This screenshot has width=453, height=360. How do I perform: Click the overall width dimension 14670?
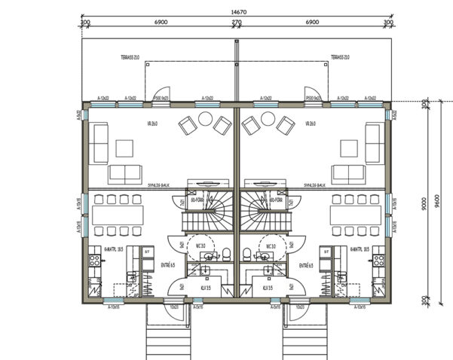(x=237, y=11)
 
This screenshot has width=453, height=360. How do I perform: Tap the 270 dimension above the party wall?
(x=237, y=24)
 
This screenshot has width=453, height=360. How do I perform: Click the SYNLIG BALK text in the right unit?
(x=314, y=184)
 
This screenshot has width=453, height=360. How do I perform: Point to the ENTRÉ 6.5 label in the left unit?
(x=169, y=265)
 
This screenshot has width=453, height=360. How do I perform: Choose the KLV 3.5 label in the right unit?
(x=266, y=287)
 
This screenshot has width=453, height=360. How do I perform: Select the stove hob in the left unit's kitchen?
(x=96, y=261)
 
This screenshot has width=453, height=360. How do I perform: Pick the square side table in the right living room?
(x=348, y=145)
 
